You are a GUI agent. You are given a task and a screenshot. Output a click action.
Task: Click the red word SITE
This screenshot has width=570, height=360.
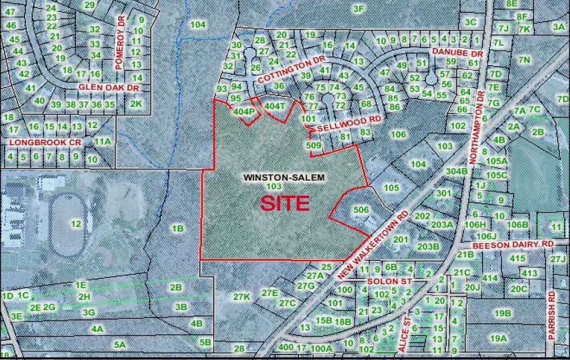[285, 203]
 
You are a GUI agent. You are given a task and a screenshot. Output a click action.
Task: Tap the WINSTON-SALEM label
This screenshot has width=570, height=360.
[283, 177]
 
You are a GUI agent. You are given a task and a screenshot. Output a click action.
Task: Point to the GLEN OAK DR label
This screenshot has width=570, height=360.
[108, 87]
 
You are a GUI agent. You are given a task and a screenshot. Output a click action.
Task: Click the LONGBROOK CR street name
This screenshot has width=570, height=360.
[45, 143]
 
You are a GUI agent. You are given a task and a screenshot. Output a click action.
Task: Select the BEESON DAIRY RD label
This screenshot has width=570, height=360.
[513, 245]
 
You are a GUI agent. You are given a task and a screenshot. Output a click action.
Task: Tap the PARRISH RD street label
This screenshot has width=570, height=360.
[551, 315]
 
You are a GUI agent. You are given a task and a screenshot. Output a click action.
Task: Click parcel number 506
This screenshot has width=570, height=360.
[361, 209]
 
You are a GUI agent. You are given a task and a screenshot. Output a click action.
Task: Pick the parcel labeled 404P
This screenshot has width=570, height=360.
[244, 111]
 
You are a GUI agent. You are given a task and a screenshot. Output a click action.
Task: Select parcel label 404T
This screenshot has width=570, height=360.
[275, 106]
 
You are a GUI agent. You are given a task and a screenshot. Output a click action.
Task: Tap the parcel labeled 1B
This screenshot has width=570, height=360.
[177, 229]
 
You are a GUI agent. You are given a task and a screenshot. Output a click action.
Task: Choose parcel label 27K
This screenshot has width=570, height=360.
[241, 296]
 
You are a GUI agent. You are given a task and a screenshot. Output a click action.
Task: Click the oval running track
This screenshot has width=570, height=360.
[66, 225]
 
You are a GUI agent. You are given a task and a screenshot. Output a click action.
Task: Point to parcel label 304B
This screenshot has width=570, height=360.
[456, 171]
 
